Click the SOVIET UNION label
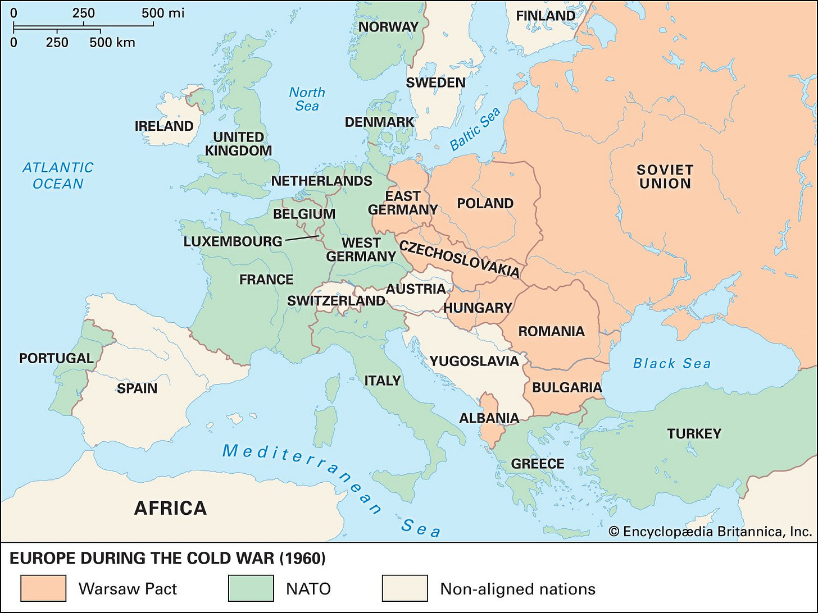click(x=665, y=176)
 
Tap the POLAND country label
click(x=485, y=203)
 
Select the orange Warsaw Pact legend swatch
click(x=43, y=588)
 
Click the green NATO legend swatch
click(x=251, y=588)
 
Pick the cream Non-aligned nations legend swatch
click(x=405, y=588)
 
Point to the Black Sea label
click(x=671, y=363)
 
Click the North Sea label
click(x=307, y=99)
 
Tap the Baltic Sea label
click(x=475, y=130)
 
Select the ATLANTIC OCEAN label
click(x=58, y=175)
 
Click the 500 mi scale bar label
click(x=163, y=13)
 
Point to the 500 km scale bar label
click(x=112, y=42)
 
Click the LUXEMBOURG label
click(x=233, y=241)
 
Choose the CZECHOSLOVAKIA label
click(x=459, y=258)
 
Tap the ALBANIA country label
click(x=489, y=418)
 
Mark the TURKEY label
click(x=694, y=433)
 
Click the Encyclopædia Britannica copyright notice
click(x=710, y=531)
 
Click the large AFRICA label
click(x=170, y=508)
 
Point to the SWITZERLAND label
click(x=336, y=300)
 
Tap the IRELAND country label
click(x=164, y=126)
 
